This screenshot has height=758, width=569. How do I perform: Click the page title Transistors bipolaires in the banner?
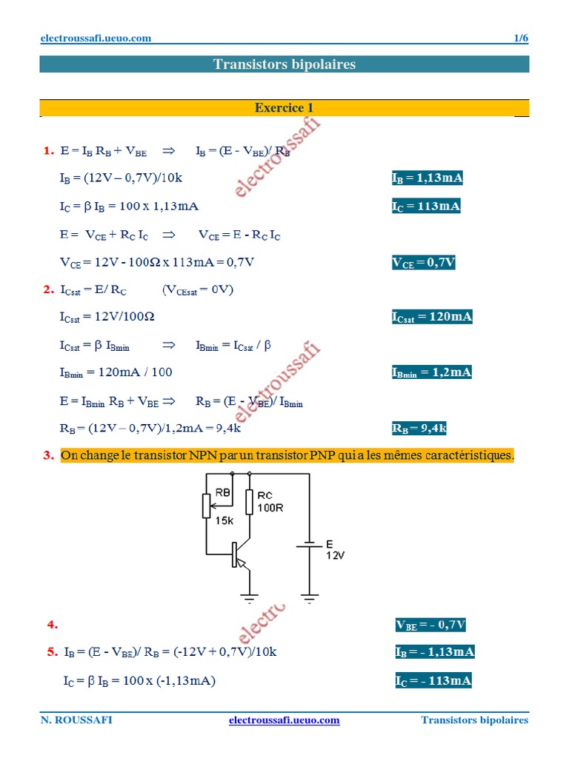284,64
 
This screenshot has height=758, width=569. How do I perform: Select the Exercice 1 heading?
284,108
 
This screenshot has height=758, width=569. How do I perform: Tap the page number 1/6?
521,38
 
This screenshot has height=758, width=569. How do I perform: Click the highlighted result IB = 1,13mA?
427,178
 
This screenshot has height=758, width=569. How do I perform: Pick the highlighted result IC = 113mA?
426,207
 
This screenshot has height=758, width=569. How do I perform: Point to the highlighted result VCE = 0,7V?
423,262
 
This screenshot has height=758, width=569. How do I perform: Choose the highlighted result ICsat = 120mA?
432,317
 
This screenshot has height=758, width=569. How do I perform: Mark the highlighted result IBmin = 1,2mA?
431,372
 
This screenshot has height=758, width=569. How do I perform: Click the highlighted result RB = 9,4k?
419,428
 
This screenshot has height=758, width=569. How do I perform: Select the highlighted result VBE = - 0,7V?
430,625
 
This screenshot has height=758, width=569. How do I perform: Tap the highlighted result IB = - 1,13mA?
434,652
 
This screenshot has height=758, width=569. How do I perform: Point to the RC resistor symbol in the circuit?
249,502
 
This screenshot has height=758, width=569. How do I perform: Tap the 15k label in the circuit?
224,520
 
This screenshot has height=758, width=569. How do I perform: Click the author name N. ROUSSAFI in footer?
76,720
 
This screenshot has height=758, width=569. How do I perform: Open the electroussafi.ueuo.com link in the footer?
284,720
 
